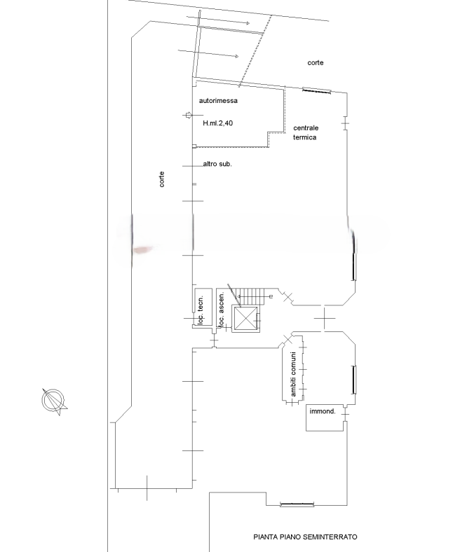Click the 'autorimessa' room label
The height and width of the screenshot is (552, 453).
click(218, 101)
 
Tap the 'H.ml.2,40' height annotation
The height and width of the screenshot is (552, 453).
click(218, 123)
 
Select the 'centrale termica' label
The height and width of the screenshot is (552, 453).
click(306, 132)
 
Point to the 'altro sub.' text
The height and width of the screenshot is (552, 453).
click(217, 164)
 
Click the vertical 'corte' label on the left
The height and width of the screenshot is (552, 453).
click(162, 179)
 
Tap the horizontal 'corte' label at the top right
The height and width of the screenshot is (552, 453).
click(316, 62)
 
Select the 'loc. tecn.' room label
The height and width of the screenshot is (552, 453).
click(201, 310)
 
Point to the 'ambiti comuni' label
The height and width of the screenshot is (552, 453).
click(293, 374)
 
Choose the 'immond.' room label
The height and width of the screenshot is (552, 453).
click(323, 411)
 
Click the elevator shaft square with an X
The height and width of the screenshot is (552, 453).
click(245, 319)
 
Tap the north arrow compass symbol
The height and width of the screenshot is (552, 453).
click(54, 401)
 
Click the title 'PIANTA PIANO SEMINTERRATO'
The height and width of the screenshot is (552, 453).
click(305, 537)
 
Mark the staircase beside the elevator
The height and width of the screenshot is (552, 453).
click(251, 297)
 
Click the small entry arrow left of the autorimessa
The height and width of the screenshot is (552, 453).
click(189, 115)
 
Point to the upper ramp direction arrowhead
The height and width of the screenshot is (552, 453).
click(248, 23)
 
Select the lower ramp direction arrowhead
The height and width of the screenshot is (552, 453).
click(237, 56)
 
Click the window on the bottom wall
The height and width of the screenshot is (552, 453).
click(297, 504)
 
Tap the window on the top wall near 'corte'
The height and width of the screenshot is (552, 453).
click(316, 91)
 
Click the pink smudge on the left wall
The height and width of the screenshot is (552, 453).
click(143, 249)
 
